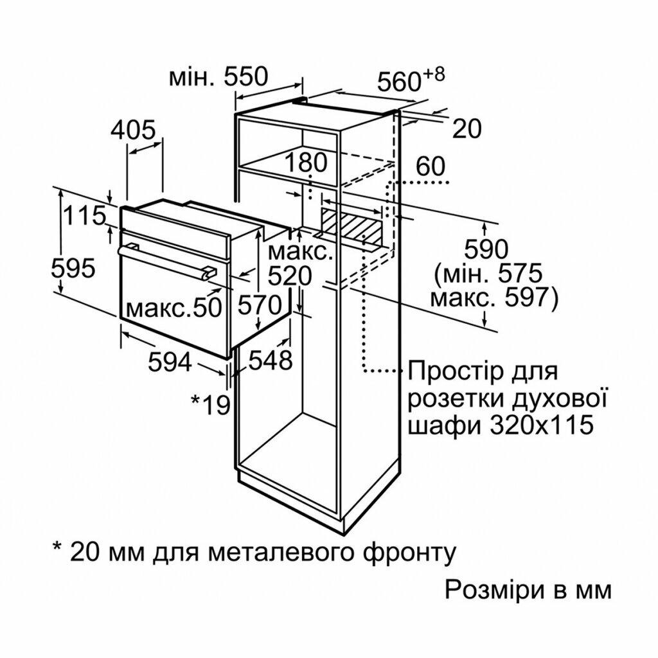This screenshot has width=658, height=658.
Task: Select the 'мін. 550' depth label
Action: pyautogui.click(x=217, y=77)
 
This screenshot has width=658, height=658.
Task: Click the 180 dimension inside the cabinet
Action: pyautogui.click(x=307, y=162)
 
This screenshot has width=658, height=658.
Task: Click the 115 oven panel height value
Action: pyautogui.click(x=84, y=216)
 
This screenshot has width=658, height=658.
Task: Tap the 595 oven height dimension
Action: pyautogui.click(x=73, y=268)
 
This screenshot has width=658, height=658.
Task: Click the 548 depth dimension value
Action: pyautogui.click(x=271, y=360)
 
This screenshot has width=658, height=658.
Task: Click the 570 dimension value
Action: pyautogui.click(x=260, y=304)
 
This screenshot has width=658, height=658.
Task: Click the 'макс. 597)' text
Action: pyautogui.click(x=493, y=298)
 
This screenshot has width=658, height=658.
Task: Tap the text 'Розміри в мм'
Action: pyautogui.click(x=527, y=589)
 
